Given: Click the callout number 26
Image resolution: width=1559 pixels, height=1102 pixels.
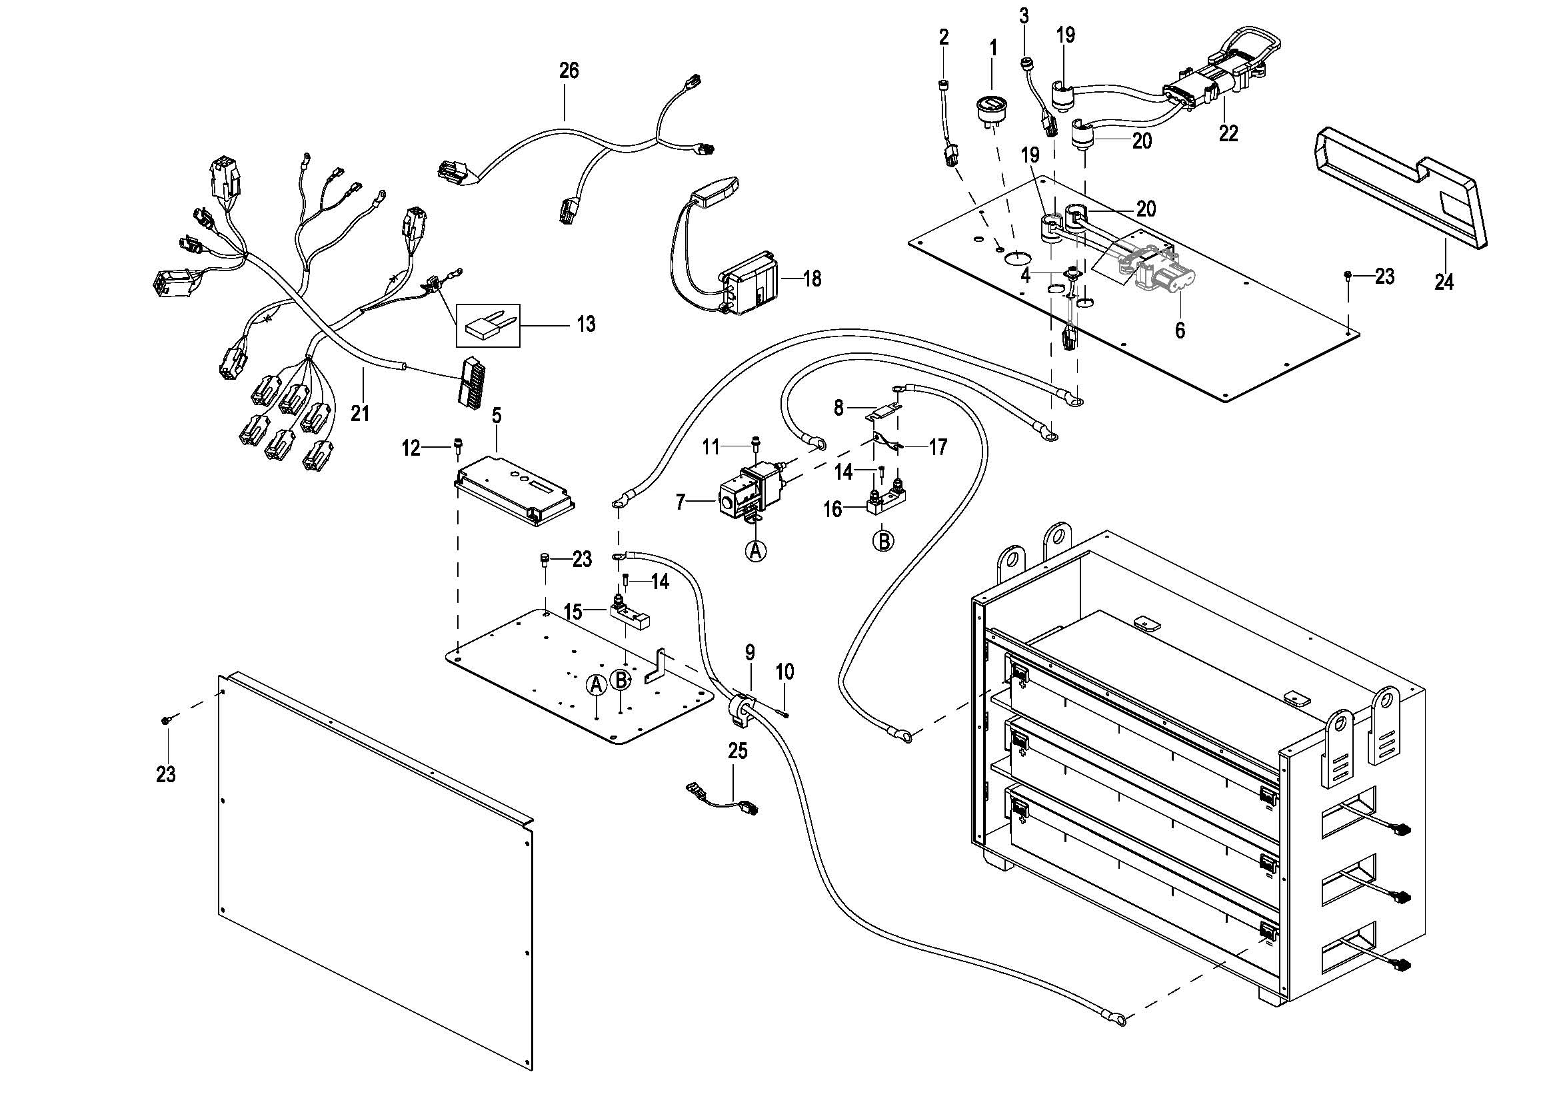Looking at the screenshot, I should click(x=569, y=70).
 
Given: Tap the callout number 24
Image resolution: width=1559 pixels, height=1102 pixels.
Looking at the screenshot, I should click(x=1444, y=282).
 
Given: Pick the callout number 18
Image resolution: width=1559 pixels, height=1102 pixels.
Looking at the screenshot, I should click(x=811, y=278).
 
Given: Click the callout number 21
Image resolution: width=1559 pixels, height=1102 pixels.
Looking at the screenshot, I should click(x=360, y=412).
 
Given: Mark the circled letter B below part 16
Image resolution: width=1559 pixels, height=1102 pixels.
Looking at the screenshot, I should click(x=882, y=541).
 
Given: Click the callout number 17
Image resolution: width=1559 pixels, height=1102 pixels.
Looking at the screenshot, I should click(x=937, y=447).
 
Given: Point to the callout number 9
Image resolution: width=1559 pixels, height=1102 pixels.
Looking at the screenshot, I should click(x=750, y=653).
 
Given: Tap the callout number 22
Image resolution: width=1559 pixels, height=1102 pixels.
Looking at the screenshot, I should click(x=1228, y=134).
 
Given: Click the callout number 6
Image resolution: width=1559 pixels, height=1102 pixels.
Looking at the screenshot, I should click(x=1180, y=330).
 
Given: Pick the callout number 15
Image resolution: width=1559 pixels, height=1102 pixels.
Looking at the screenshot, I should click(x=573, y=612).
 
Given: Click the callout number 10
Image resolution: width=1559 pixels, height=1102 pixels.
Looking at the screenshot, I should click(x=784, y=672).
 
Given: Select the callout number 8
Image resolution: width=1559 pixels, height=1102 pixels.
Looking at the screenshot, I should click(x=838, y=408).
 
